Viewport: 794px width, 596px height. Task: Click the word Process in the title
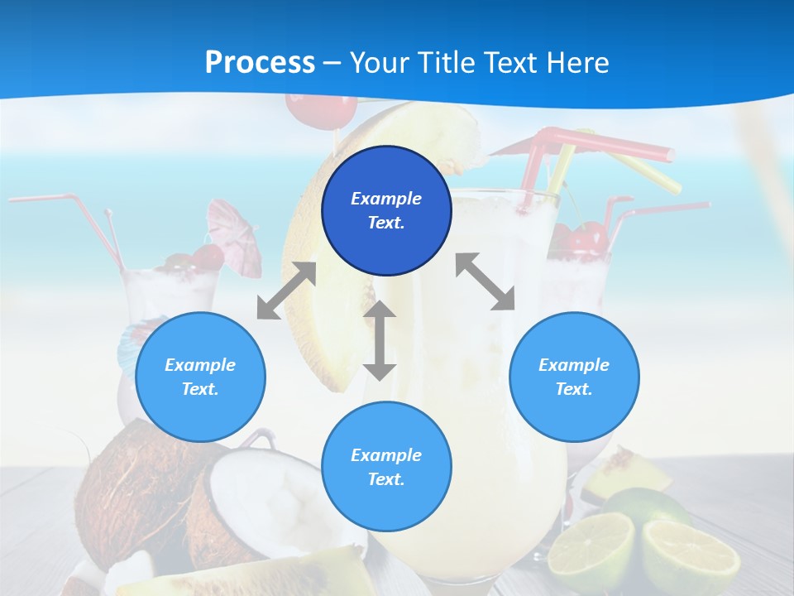[260, 63]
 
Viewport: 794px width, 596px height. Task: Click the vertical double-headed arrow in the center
[380, 340]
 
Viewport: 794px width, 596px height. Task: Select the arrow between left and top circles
[286, 291]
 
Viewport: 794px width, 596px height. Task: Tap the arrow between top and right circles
[485, 281]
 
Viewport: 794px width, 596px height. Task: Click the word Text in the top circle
[386, 223]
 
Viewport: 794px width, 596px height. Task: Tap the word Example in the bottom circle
[386, 455]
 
